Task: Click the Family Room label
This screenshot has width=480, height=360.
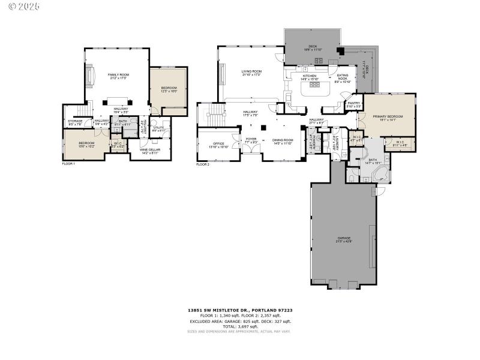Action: (x=118, y=76)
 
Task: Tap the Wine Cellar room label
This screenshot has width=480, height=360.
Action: (x=150, y=151)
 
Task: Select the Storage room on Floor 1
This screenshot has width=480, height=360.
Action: (x=75, y=123)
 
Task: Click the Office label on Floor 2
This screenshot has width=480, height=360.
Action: (x=218, y=145)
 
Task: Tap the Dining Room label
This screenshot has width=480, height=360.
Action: (x=282, y=142)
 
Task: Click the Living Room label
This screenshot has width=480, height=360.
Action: (x=251, y=73)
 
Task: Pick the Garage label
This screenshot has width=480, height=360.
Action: (x=343, y=240)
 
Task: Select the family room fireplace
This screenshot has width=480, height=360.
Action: (x=91, y=77)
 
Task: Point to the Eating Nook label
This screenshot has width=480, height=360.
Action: (x=343, y=78)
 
